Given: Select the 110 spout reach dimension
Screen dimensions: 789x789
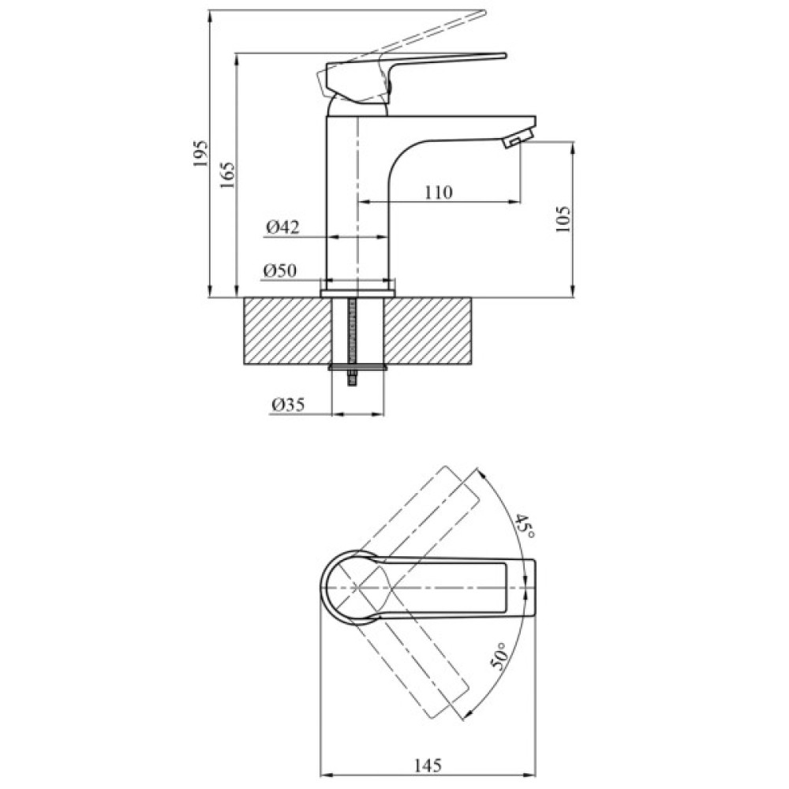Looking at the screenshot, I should point(438,192).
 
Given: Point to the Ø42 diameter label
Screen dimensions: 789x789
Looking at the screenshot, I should point(282,227).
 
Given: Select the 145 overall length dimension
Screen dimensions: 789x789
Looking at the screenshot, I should point(427,764).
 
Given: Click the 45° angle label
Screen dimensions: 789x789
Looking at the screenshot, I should point(525,525).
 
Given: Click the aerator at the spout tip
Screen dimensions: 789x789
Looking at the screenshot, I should point(514,141).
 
